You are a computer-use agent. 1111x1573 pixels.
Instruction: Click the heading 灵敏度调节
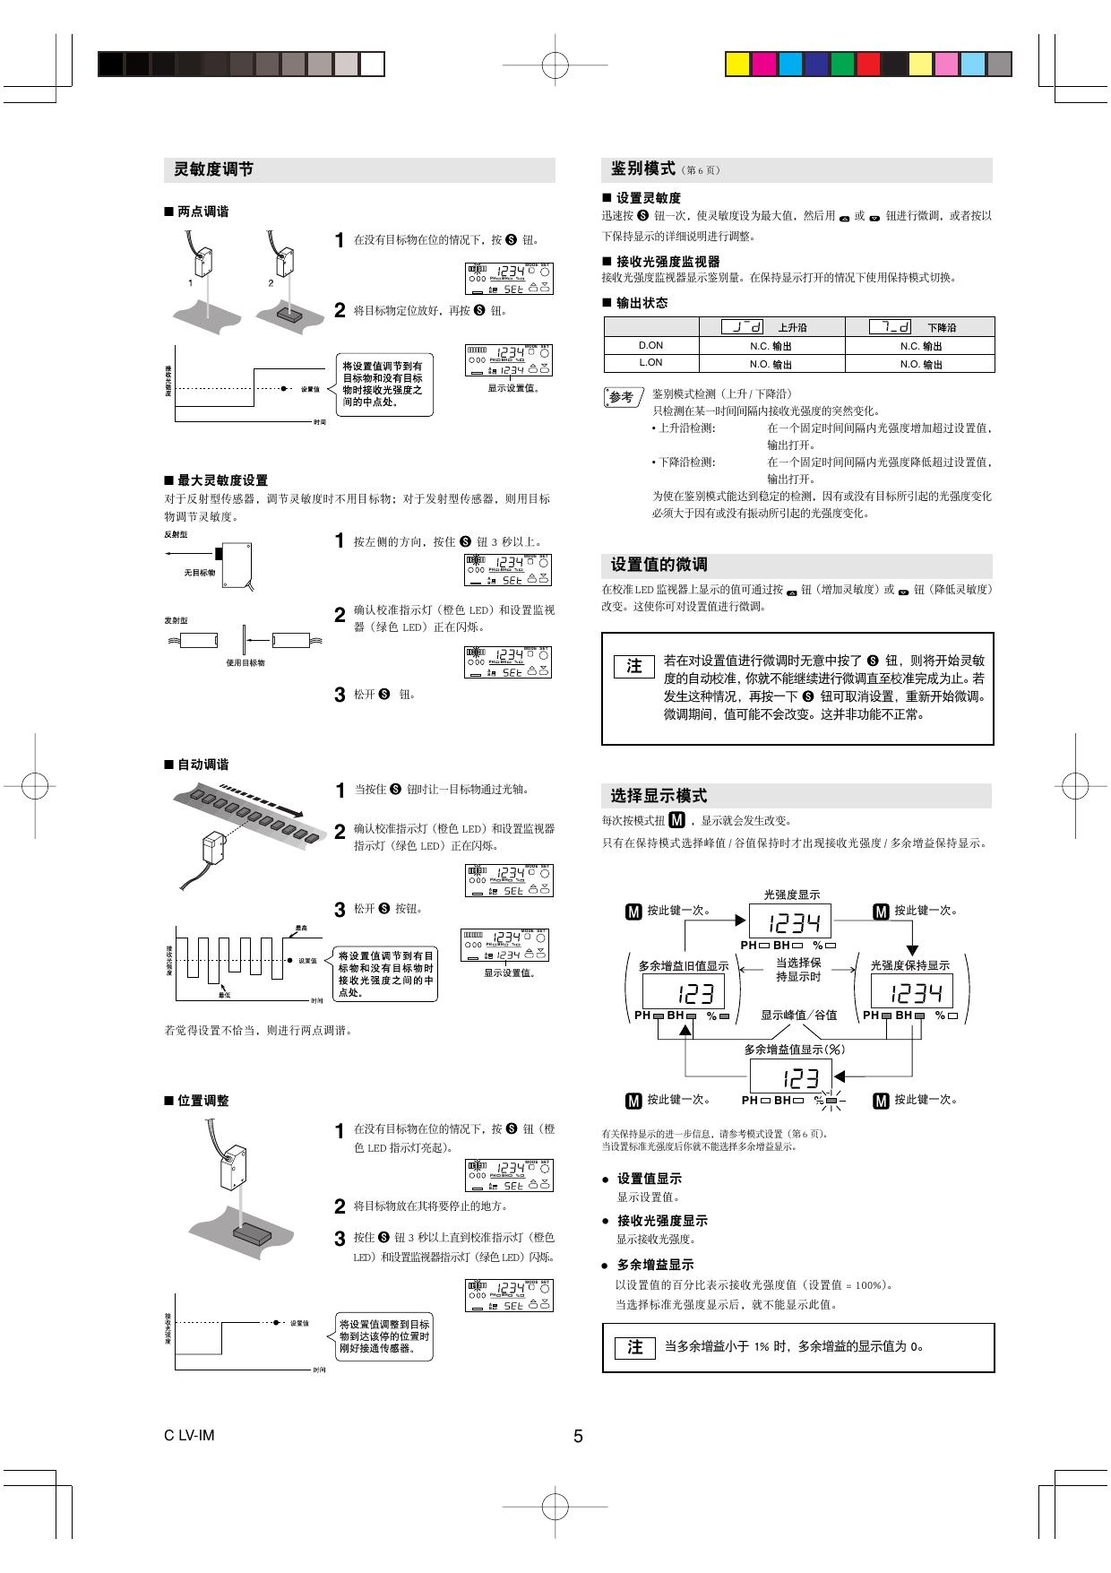[x=213, y=169]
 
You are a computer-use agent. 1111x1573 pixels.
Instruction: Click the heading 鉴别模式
[x=642, y=169]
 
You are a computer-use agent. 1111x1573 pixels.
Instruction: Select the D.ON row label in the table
[x=650, y=345]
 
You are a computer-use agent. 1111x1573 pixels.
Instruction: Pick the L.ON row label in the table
[x=650, y=363]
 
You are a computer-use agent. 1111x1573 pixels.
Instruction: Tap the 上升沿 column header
[x=791, y=327]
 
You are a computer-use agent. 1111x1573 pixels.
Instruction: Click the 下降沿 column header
[x=941, y=327]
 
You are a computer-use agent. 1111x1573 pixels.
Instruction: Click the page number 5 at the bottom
[x=578, y=1436]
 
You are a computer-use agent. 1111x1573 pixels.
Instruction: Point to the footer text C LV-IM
[x=189, y=1435]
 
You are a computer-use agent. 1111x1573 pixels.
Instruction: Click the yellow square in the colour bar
[x=736, y=65]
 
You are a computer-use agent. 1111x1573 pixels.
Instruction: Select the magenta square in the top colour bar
[x=763, y=65]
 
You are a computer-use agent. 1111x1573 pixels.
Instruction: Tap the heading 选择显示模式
[x=659, y=796]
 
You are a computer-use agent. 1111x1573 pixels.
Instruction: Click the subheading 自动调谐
[x=202, y=765]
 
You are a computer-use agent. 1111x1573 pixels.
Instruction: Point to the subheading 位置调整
[x=202, y=1101]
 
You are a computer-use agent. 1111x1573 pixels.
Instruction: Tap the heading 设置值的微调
[x=659, y=565]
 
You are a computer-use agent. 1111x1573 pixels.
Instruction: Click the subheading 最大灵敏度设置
[x=222, y=480]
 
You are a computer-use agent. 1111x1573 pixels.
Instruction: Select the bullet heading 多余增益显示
[x=655, y=1265]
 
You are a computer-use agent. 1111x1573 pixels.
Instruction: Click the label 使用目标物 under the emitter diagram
[x=245, y=662]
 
